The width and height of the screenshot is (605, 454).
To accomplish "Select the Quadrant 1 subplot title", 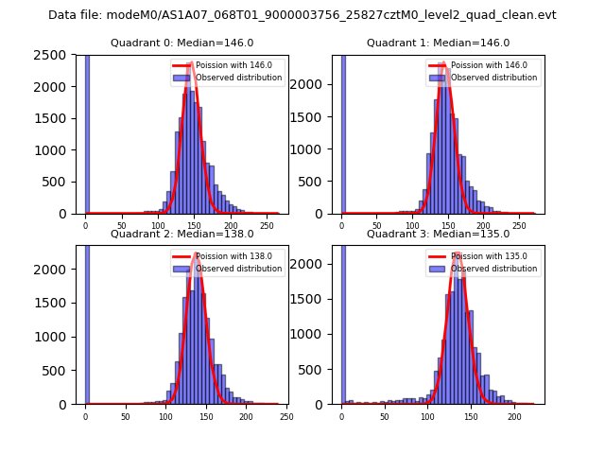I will pos(438,43).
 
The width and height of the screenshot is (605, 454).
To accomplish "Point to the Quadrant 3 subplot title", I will pos(438,234).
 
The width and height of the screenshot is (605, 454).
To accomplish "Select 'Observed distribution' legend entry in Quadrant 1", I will pos(485,78).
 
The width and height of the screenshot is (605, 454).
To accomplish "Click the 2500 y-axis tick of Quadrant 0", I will pos(54,55).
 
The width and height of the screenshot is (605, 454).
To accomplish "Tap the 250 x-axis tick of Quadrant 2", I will pos(285,417).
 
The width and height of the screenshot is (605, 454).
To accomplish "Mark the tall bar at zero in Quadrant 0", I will pos(87,132).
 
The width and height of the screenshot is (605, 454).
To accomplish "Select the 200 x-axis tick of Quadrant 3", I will pos(514,417).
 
